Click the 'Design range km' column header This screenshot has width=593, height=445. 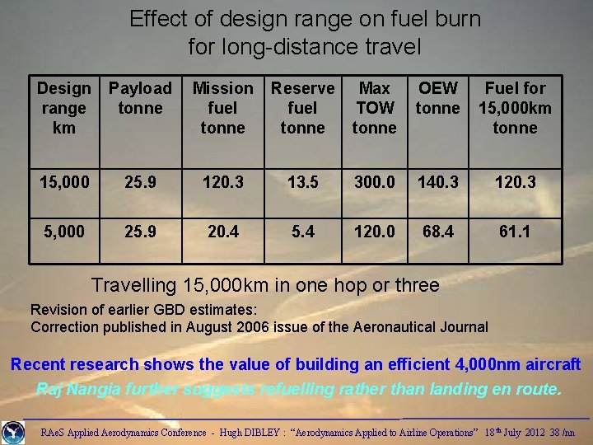pos(64,108)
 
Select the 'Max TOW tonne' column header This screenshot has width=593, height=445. pos(374,108)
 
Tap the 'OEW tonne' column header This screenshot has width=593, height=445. pos(438,98)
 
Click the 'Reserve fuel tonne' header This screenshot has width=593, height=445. pos(303,108)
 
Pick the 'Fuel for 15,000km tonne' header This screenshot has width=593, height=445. pos(515,108)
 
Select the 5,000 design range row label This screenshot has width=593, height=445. pos(64,232)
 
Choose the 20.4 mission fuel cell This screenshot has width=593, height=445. pos(222,232)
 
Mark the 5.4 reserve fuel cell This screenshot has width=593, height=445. pos(303,232)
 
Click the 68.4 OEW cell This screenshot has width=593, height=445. pos(438,232)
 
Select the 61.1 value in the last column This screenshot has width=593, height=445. pos(515,232)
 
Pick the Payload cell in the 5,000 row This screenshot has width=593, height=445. pos(141,232)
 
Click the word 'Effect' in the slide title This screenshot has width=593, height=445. pos(158,19)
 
